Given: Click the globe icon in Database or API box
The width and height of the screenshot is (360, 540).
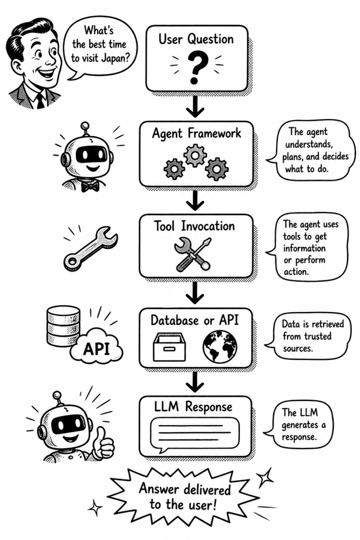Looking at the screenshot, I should coord(220,345).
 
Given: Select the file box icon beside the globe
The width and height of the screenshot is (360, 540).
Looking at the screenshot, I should coord(169,346).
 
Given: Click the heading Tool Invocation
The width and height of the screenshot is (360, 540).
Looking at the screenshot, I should coord(194,226).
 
